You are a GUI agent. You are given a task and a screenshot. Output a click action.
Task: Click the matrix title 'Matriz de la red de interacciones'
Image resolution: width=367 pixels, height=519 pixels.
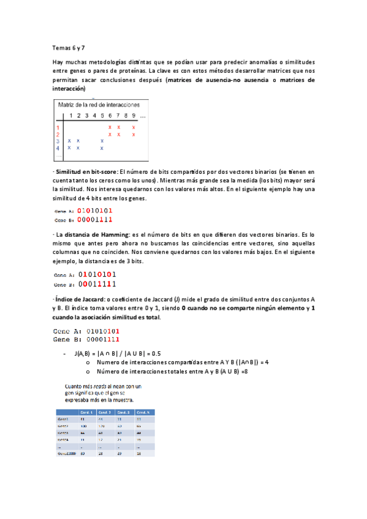point(99,105)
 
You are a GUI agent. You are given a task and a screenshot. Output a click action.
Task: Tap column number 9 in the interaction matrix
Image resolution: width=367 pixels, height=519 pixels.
point(134,116)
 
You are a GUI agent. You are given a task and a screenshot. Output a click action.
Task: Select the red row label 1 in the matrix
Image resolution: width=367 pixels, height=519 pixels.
point(57,127)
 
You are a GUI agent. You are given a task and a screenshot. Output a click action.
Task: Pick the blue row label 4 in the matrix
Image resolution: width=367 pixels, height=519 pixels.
point(58,147)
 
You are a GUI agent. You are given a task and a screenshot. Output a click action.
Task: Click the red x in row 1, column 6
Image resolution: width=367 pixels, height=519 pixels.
point(110,127)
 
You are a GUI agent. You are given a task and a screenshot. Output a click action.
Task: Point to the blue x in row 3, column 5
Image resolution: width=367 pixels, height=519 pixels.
point(102,141)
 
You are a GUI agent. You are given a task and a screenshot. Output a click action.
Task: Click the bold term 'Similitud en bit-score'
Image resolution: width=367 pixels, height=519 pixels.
point(86,172)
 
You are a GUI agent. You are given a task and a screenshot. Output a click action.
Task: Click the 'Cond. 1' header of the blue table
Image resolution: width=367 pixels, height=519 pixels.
point(87,412)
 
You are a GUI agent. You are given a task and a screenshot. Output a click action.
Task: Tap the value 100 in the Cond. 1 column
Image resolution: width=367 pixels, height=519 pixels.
point(85,425)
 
